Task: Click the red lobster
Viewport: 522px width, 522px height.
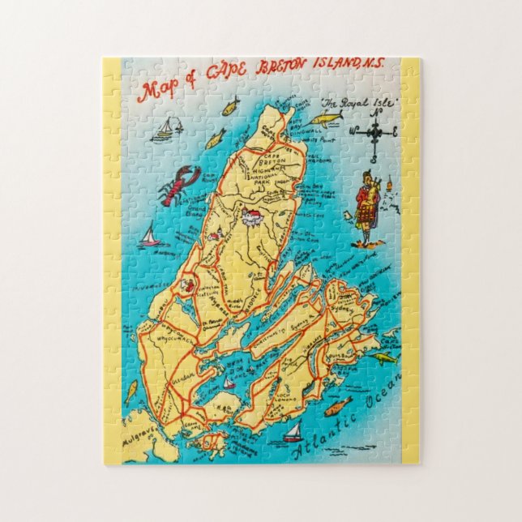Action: [179, 185]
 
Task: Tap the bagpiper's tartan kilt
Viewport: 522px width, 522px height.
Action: [366, 217]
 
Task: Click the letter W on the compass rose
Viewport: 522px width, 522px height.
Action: [351, 130]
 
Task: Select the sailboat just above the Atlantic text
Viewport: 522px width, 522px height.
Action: [294, 432]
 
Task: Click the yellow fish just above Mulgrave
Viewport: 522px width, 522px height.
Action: [130, 392]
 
